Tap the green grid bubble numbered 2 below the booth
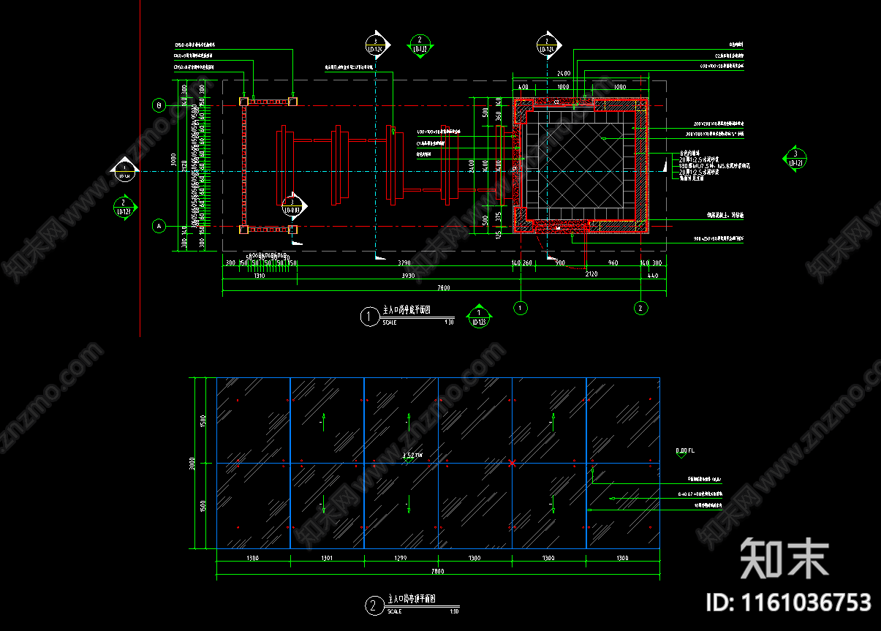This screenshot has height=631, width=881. (x=640, y=308)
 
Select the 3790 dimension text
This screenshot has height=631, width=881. (x=403, y=262)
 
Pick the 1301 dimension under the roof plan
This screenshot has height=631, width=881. (x=327, y=559)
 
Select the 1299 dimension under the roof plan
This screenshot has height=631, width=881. (x=401, y=559)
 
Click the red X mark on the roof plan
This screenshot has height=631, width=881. (x=512, y=463)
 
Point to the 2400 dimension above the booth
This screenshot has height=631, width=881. (x=564, y=74)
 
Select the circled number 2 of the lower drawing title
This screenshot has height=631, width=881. (x=374, y=605)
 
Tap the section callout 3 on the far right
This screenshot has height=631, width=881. (x=795, y=156)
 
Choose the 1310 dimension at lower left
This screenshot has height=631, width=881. (x=259, y=276)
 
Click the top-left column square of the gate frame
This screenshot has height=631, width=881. (x=243, y=101)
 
